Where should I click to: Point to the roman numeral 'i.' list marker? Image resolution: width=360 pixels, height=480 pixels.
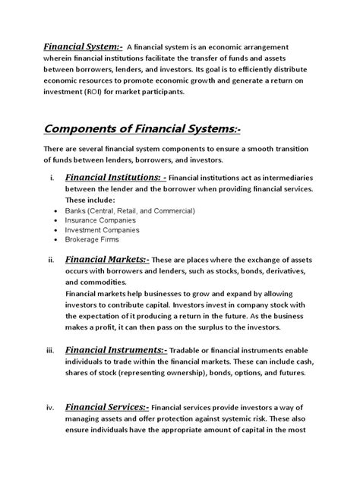pos(50,178)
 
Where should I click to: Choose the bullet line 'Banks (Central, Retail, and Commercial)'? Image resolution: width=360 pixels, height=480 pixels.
pos(131,210)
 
